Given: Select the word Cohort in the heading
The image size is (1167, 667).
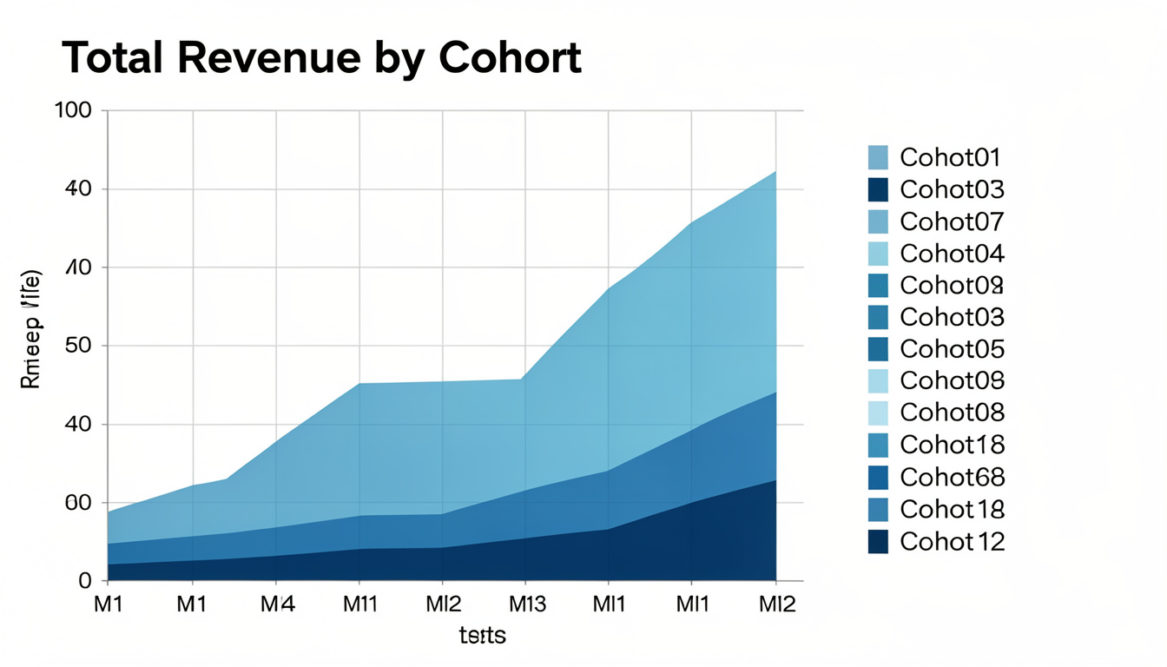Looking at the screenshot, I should pos(510,58).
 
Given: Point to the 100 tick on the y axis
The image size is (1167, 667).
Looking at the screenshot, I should pos(74,110).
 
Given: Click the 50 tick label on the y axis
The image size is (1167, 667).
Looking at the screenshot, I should pos(79,346).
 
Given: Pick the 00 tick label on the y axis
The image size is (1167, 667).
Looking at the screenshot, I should pos(79,503).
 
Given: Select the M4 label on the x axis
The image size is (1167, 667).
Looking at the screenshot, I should pos(277,604).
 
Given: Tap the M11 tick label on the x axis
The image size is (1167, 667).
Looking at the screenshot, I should pos(359,604).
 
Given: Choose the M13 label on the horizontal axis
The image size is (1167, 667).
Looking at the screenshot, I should pos(526,604).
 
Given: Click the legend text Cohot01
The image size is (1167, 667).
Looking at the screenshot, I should pos(951,157).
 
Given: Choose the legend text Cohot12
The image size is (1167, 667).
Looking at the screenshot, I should pos(952,542).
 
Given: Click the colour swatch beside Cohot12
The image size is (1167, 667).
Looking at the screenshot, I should pos(878,542).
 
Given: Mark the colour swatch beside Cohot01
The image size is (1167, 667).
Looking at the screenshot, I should pos(878,157).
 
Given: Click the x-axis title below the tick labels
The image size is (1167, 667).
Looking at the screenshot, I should pos(482,636).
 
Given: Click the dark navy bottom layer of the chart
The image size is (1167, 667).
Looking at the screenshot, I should pos(608,560).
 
